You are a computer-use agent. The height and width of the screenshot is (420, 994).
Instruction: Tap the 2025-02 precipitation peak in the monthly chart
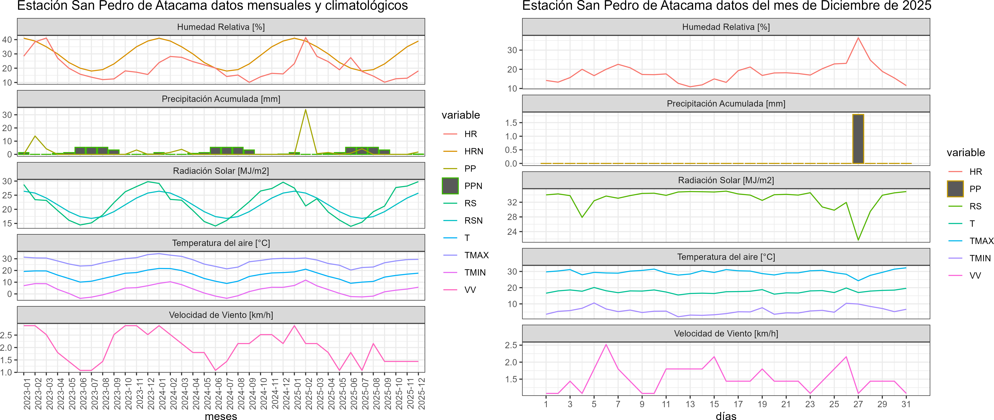coord(306,110)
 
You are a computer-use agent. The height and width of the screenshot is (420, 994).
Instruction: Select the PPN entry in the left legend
coord(473,186)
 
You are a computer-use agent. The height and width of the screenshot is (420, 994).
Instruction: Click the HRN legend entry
coord(474,151)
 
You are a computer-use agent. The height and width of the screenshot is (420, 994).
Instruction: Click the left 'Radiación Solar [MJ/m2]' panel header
coord(221,171)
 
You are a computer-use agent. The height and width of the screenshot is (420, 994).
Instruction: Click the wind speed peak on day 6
coord(606,344)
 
